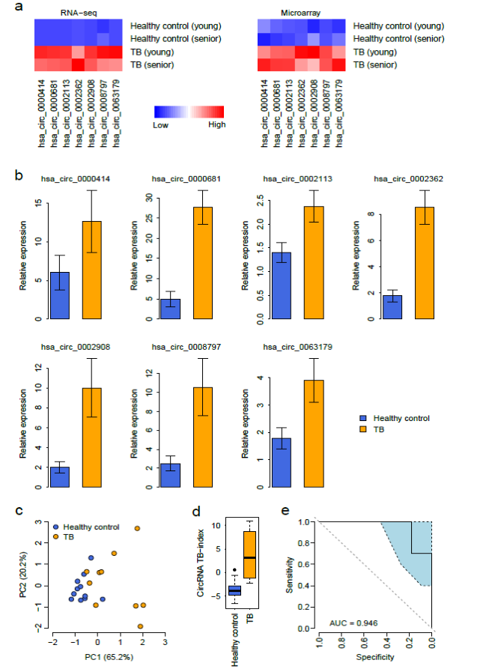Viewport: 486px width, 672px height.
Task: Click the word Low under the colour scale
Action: pyautogui.click(x=160, y=124)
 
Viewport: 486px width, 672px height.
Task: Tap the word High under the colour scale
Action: pyautogui.click(x=217, y=124)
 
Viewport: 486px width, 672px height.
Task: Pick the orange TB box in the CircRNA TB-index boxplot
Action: pyautogui.click(x=249, y=553)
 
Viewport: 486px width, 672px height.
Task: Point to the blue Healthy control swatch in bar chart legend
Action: pyautogui.click(x=362, y=418)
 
